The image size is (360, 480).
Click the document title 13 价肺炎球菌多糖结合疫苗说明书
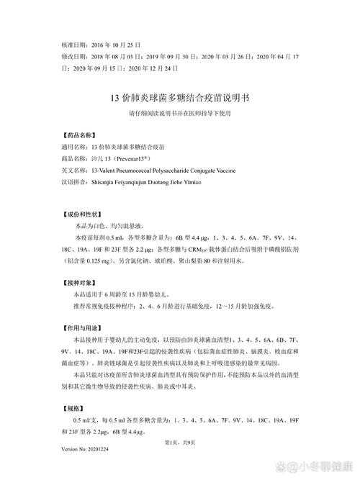point(180,97)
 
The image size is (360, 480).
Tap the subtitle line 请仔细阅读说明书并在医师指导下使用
point(180,113)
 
